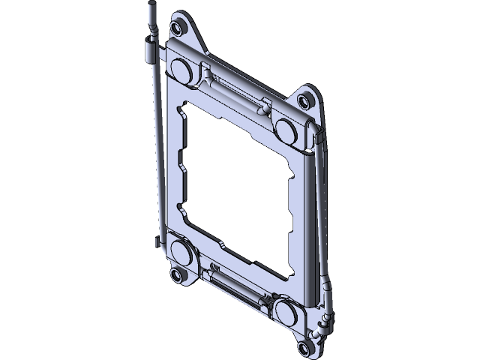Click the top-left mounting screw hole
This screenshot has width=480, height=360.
tap(176, 28)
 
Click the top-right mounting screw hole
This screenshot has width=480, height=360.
tap(303, 100)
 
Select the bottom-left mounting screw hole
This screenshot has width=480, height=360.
tap(178, 275)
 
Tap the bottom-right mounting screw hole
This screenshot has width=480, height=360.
tap(304, 346)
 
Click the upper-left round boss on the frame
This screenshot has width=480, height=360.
tap(181, 68)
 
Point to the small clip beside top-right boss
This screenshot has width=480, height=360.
tap(316, 137)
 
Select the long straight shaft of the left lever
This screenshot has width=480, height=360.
tap(154, 150)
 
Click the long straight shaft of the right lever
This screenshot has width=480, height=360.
tap(321, 217)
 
